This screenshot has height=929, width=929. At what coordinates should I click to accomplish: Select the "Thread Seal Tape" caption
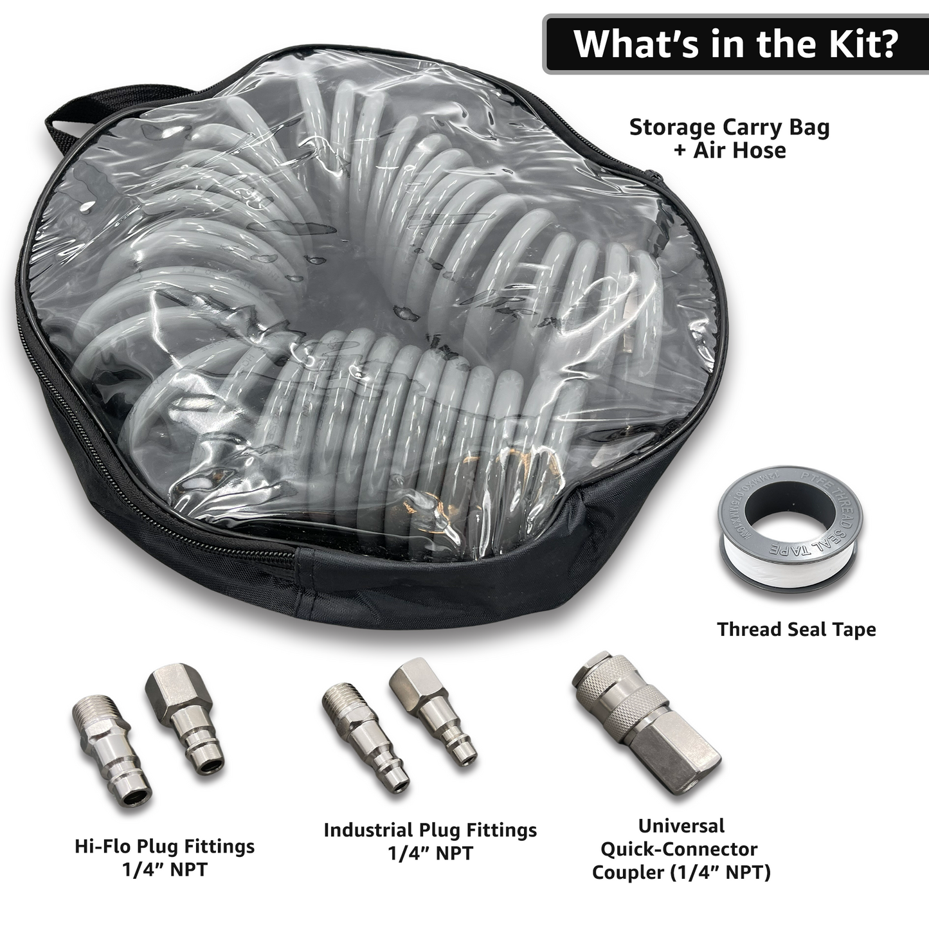[x=796, y=629]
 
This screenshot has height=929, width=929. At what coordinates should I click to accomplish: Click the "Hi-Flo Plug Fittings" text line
[x=165, y=846]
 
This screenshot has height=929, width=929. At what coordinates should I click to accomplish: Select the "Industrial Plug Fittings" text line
[x=429, y=830]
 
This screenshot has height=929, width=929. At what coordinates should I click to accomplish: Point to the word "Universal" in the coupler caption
[x=681, y=825]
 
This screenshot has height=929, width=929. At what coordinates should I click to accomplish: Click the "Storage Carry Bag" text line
[x=729, y=127]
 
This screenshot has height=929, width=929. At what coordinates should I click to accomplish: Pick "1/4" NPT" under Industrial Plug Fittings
[x=429, y=854]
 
